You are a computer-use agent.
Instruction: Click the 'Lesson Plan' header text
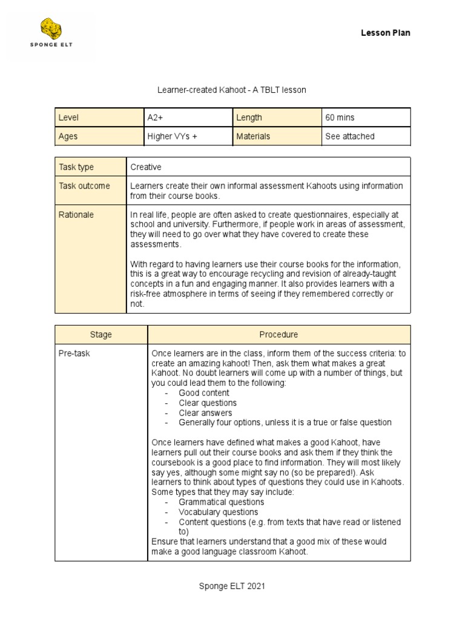[x=386, y=33]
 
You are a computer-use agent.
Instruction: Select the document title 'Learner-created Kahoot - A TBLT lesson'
[x=232, y=90]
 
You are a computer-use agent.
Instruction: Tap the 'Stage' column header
[x=101, y=335]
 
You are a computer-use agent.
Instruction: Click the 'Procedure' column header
[x=279, y=335]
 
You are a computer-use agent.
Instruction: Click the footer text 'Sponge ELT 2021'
[x=232, y=586]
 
